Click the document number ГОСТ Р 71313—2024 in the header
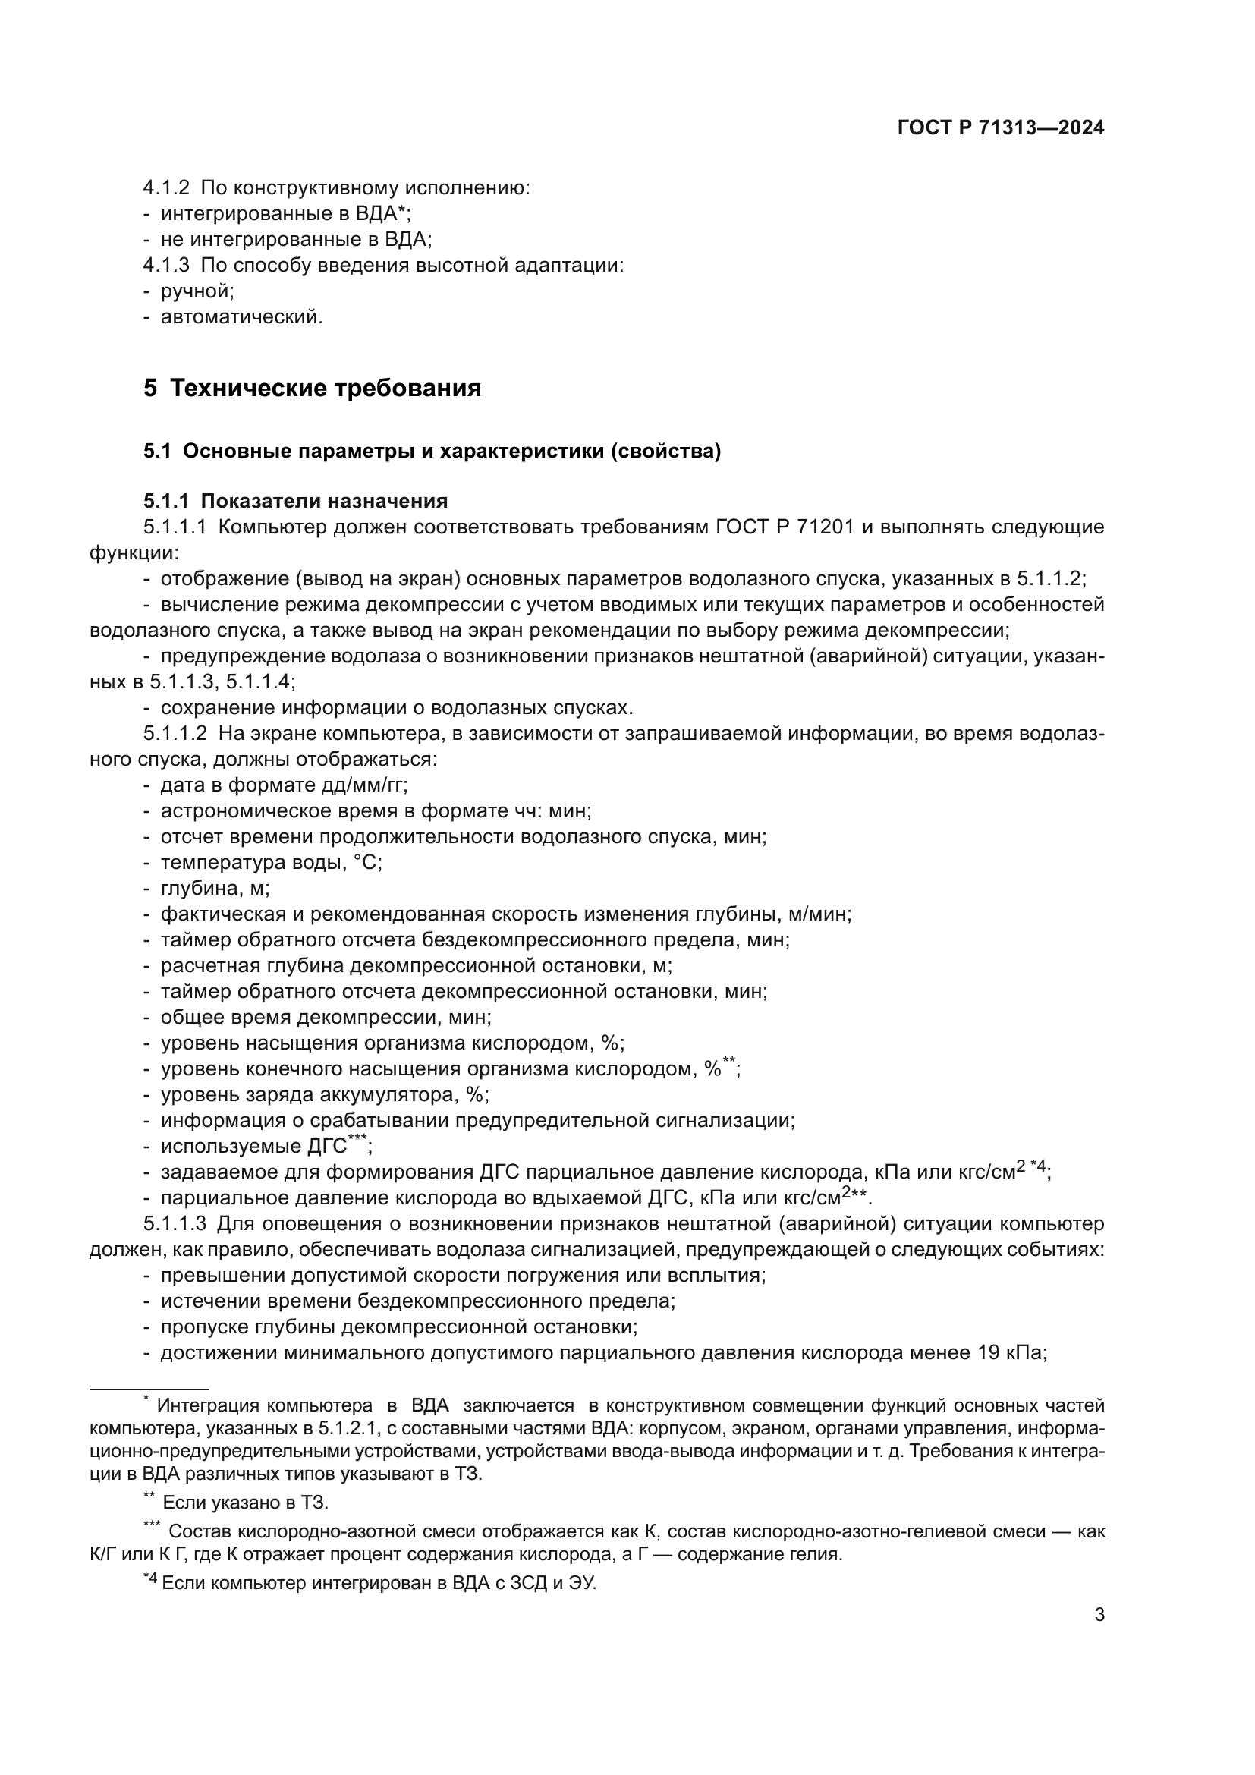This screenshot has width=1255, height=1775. pos(1001,128)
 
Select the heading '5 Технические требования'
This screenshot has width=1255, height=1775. pos(312,388)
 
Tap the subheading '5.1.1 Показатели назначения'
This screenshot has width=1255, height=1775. pos(295,501)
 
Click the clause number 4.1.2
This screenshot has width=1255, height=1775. pos(165,188)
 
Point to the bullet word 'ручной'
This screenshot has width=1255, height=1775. pos(197,291)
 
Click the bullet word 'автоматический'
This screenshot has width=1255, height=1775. pos(241,317)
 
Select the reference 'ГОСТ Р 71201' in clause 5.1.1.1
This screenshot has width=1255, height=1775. pos(785,527)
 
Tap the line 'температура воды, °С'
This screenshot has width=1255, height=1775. pos(270,863)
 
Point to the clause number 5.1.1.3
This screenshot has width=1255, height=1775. pos(175,1224)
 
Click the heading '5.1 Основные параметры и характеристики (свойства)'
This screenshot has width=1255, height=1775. pos(432,452)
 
